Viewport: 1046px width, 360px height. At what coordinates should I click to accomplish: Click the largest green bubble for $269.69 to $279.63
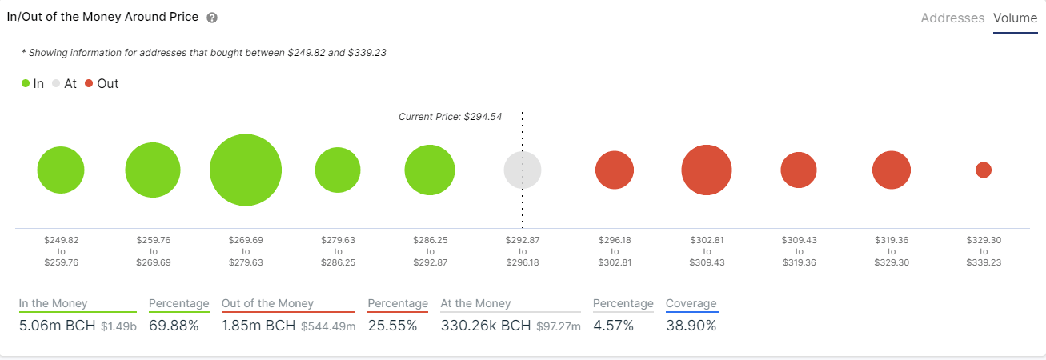coord(246,170)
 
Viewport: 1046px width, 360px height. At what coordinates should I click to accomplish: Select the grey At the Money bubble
coord(523,170)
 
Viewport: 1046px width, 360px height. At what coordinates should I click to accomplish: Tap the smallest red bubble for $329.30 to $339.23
coord(984,170)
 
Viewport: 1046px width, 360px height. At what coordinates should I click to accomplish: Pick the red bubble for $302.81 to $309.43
coord(707,170)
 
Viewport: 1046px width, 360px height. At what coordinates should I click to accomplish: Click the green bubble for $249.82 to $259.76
coord(61,170)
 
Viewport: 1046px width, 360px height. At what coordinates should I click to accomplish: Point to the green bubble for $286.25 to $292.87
coord(430,170)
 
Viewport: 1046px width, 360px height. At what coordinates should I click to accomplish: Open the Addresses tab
coord(952,18)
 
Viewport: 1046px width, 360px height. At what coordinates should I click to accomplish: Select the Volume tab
coord(1015,18)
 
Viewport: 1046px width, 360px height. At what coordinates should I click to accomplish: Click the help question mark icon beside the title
coord(212,18)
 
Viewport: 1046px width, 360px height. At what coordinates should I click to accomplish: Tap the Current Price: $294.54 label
coord(450,117)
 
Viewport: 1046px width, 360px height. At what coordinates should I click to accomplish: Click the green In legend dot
coord(26,83)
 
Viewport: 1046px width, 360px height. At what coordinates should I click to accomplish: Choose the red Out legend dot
coord(88,83)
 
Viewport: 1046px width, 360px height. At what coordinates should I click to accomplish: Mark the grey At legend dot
coord(56,83)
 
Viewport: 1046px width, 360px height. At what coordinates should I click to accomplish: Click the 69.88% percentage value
coord(174,326)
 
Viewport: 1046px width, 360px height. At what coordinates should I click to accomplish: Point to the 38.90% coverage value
coord(691,326)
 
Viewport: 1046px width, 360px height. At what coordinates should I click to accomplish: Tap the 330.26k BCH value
coord(486,326)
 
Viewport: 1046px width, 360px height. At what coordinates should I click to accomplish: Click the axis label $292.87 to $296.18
coord(522,251)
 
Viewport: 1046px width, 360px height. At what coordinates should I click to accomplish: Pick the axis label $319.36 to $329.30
coord(892,251)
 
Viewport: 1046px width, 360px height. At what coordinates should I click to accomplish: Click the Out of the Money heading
coord(267,304)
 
